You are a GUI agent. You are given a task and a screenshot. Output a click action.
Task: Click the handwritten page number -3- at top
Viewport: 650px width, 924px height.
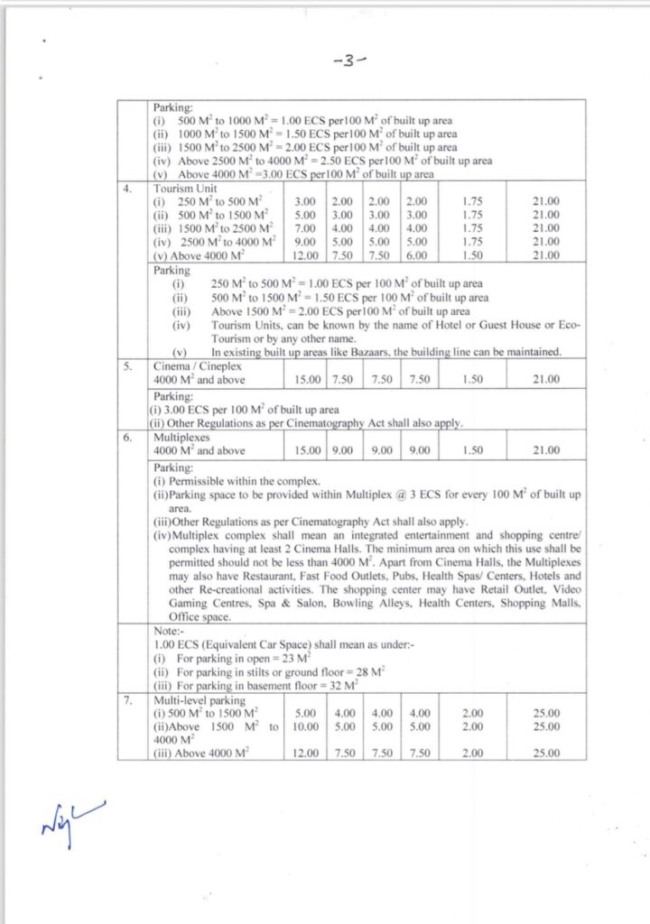tap(348, 62)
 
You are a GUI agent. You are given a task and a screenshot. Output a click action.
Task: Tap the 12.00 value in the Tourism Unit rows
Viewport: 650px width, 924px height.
tap(307, 255)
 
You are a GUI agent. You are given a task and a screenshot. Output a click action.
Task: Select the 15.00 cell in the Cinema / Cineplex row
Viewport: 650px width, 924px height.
tap(307, 380)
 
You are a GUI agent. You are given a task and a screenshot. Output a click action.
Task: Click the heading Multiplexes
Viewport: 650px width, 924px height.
tap(181, 436)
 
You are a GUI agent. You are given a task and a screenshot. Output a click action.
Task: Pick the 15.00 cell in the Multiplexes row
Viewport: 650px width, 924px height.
tap(307, 449)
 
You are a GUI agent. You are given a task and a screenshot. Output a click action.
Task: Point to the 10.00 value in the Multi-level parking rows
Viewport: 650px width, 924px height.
tap(307, 725)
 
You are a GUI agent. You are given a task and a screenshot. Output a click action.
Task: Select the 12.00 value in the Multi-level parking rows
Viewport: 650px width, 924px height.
tap(307, 752)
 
